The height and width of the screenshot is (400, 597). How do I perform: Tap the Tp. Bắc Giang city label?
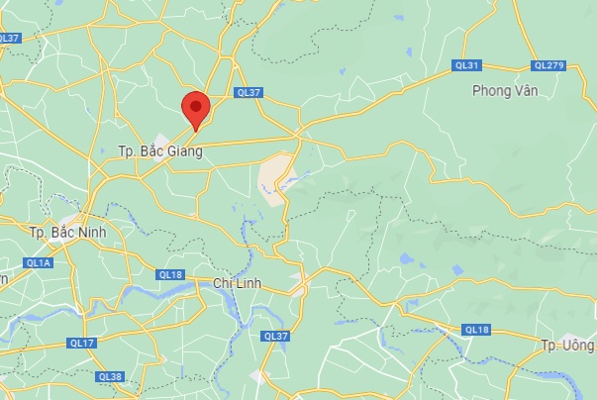point(159,151)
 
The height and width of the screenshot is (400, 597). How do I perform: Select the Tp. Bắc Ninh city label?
point(68,233)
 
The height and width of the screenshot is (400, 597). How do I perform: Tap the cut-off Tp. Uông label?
point(566,345)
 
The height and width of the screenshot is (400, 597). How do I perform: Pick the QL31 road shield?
point(466,65)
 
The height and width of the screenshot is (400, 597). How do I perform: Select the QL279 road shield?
point(547,65)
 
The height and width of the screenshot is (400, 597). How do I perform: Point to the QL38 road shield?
point(110,376)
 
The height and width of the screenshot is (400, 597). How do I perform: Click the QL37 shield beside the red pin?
point(249,92)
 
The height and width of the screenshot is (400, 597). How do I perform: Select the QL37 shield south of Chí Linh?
point(275,337)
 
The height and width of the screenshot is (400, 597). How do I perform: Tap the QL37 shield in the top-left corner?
point(10,38)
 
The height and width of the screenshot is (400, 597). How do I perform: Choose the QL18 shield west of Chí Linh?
point(169,274)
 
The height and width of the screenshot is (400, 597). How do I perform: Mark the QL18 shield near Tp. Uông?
point(477,329)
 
